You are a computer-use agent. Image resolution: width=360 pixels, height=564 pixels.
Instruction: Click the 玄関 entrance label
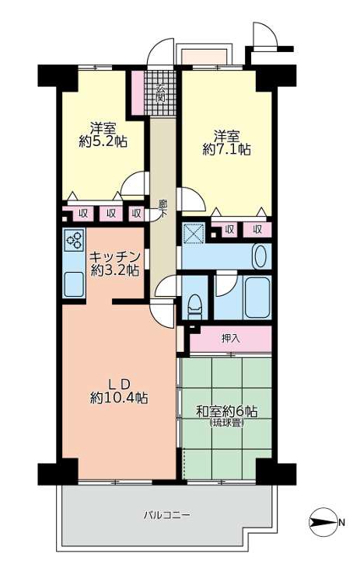(x=161, y=92)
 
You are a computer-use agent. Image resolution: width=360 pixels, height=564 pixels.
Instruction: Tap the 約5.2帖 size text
(x=103, y=141)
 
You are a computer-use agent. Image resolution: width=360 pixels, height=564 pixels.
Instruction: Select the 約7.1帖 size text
(x=227, y=149)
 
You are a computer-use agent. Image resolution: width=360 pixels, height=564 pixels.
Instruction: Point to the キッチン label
(x=114, y=257)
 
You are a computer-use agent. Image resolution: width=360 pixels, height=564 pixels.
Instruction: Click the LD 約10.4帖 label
(x=119, y=391)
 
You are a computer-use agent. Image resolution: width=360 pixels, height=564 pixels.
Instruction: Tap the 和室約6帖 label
(x=227, y=411)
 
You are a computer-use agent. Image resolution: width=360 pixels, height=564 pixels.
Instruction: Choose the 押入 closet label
(x=230, y=339)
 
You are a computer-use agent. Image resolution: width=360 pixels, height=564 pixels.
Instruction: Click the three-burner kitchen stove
(x=74, y=239)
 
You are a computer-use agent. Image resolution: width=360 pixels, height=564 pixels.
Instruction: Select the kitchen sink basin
(x=74, y=284)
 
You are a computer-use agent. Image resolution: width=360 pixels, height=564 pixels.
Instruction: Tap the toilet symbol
(x=194, y=306)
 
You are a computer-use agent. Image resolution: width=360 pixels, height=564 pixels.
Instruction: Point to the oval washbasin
(x=260, y=256)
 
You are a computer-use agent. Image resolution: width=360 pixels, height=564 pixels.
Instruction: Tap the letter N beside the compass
(x=341, y=522)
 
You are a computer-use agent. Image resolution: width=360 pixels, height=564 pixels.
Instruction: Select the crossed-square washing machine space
(x=194, y=233)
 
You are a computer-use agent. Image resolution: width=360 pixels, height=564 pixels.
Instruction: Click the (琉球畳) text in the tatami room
(x=227, y=423)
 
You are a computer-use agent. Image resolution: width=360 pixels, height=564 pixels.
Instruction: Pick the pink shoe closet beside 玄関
(x=138, y=92)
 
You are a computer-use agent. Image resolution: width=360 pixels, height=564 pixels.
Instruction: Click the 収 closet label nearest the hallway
(x=136, y=214)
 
